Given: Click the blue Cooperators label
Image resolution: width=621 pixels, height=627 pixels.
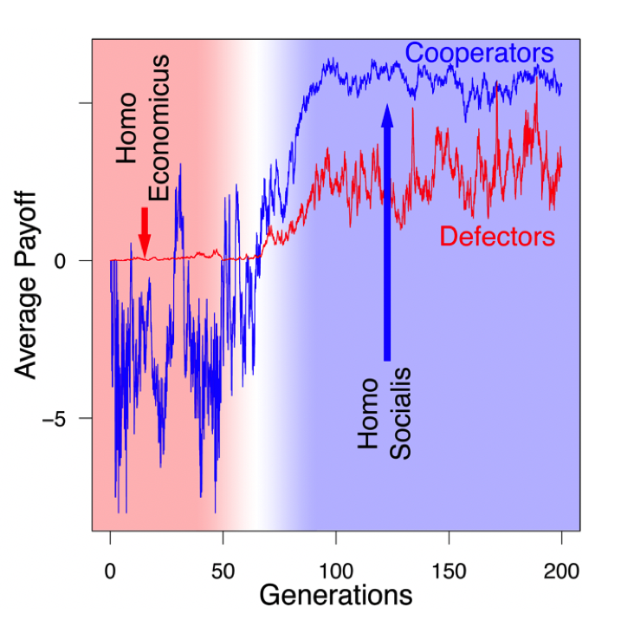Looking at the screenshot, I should point(479,52).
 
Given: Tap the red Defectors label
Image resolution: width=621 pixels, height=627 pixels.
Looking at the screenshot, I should point(496,235).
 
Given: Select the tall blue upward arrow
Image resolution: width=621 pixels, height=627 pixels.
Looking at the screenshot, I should point(387,234).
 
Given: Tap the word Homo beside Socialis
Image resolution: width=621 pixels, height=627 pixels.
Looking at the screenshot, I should point(369,414).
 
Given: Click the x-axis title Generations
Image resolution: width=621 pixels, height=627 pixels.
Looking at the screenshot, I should point(335,596).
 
